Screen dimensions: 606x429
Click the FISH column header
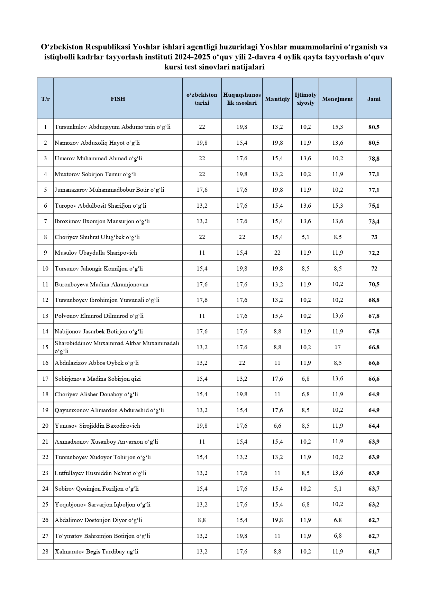pyautogui.click(x=118, y=99)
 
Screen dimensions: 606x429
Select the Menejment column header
pyautogui.click(x=337, y=99)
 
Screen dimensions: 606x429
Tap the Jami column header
pyautogui.click(x=374, y=99)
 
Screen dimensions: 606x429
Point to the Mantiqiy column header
pyautogui.click(x=277, y=99)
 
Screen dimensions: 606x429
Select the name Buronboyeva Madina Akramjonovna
pyautogui.click(x=101, y=284)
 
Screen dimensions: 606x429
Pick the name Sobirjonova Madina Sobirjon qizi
pyautogui.click(x=98, y=379)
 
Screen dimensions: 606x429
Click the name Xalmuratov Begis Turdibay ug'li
pyautogui.click(x=96, y=551)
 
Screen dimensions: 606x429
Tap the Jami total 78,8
pyautogui.click(x=374, y=159)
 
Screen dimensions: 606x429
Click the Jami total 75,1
pyautogui.click(x=374, y=206)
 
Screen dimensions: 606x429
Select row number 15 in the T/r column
pyautogui.click(x=45, y=347)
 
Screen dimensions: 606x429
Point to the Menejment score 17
pyautogui.click(x=337, y=347)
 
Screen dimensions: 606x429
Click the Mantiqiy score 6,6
pyautogui.click(x=277, y=426)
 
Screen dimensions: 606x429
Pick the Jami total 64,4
pyautogui.click(x=374, y=426)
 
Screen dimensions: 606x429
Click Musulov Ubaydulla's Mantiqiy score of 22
pyautogui.click(x=277, y=253)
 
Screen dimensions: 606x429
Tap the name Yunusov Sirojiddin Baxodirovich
pyautogui.click(x=97, y=426)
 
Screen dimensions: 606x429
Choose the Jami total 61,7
pyautogui.click(x=374, y=552)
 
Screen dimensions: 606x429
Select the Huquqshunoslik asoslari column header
pyautogui.click(x=242, y=99)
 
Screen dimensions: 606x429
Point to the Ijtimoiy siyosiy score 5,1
pyautogui.click(x=305, y=237)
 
